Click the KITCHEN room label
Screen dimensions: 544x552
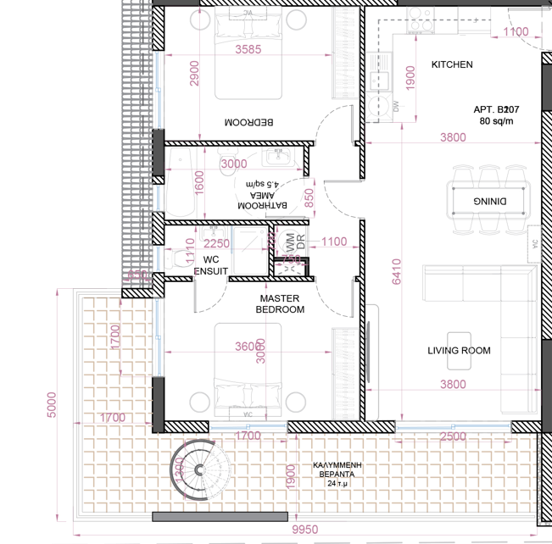pos(452,64)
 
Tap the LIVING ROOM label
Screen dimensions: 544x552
pos(459,350)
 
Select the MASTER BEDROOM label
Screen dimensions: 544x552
pos(282,304)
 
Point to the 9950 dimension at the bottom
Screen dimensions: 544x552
pos(304,530)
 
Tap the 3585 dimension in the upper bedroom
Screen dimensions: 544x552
pos(248,49)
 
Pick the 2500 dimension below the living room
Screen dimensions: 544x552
pos(453,436)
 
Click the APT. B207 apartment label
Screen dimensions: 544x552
pos(497,109)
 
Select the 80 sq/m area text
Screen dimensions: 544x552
pos(497,121)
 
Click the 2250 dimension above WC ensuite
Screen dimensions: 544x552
pos(217,242)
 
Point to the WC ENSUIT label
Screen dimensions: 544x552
pos(211,265)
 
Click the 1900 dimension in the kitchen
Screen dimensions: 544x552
pos(410,78)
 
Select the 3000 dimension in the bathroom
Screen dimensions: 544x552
pos(233,164)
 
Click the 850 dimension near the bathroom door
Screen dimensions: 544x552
pos(309,197)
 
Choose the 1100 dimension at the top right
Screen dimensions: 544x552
pos(516,32)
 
